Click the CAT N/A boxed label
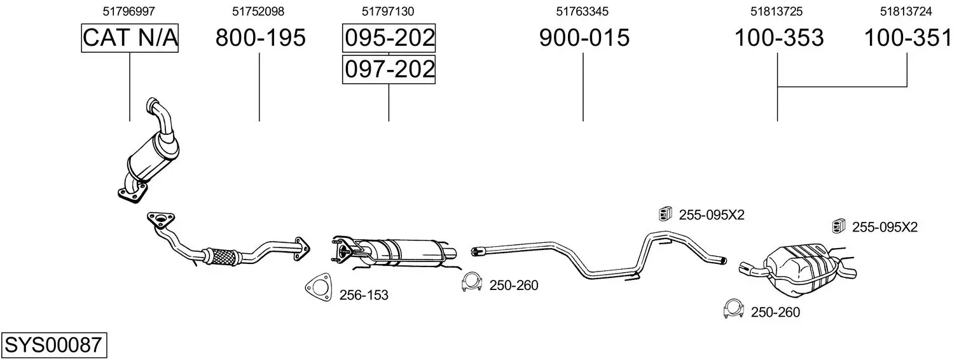tap(130, 38)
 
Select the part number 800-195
tap(261, 38)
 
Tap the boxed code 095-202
tap(389, 38)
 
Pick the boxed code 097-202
tap(389, 69)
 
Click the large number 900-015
tap(584, 38)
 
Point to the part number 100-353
tap(779, 38)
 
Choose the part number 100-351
tap(908, 38)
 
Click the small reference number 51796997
tap(128, 11)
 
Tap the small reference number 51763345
tap(582, 11)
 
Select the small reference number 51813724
tap(906, 11)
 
